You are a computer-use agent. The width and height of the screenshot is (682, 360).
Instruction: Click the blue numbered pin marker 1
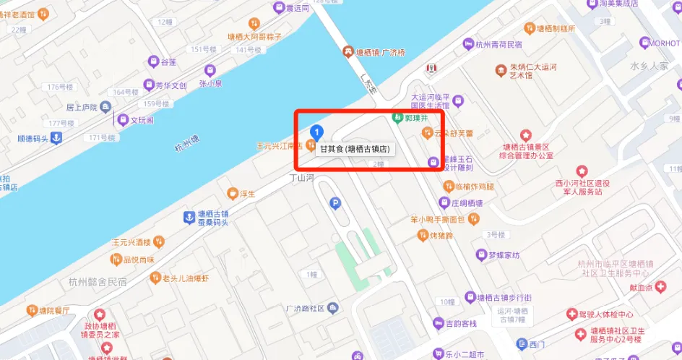316,132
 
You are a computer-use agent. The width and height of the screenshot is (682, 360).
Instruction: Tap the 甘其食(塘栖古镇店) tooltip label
355,149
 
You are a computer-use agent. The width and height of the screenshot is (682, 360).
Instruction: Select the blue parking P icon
334,205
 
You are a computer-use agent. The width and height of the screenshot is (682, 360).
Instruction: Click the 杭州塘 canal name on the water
186,145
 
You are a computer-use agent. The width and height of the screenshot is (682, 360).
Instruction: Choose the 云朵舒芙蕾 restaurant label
452,132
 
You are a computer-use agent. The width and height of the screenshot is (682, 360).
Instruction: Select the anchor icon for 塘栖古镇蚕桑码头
189,217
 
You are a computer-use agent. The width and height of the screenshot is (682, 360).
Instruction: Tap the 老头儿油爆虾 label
185,278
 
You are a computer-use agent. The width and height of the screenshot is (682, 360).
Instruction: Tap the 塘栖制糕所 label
556,29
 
